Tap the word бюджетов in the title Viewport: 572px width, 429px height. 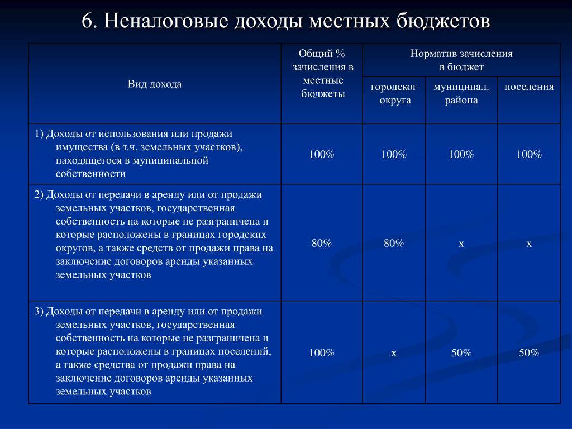coord(444,21)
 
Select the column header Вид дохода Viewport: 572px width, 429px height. coord(155,84)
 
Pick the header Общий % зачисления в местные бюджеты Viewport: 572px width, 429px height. coord(322,73)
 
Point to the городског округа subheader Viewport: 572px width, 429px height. coord(394,93)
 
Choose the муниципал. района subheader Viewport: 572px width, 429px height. coord(461,93)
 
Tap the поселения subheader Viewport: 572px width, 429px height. coord(529,87)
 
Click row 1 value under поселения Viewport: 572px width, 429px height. coord(529,154)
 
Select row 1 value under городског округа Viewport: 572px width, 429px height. coord(394,154)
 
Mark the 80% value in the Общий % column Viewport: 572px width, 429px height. coord(322,243)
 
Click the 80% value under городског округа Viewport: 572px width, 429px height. coord(394,243)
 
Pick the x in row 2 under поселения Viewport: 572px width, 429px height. coord(529,244)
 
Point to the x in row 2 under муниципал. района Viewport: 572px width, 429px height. coord(461,244)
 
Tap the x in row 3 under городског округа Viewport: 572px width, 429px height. coord(394,353)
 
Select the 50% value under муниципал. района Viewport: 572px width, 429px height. coord(461,353)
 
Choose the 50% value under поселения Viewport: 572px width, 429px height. coord(529,353)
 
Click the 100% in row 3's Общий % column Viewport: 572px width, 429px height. coord(322,353)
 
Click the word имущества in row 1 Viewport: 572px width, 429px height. coord(80,147)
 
